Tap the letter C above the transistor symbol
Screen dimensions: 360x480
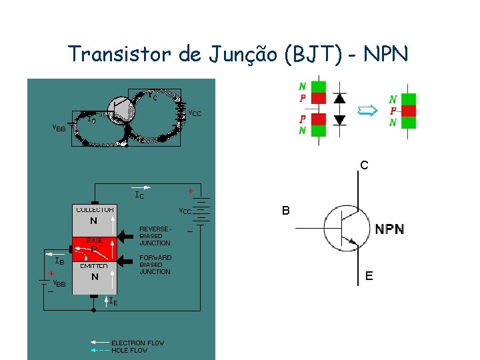[364, 165]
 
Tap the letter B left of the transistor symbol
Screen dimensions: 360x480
[285, 211]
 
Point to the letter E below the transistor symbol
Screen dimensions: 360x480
[369, 276]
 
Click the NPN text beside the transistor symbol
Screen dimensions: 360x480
[389, 229]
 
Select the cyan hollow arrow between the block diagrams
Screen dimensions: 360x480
[368, 111]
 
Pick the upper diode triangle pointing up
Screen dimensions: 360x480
[339, 97]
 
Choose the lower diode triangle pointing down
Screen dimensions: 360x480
[339, 120]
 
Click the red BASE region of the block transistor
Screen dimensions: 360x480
[95, 244]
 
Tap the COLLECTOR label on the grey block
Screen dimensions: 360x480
[95, 209]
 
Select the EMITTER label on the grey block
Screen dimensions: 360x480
[95, 266]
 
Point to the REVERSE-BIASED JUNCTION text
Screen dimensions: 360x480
[155, 236]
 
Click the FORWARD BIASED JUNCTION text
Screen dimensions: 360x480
[155, 265]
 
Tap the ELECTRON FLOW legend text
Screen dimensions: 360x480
[137, 343]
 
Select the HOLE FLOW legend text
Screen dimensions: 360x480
[129, 350]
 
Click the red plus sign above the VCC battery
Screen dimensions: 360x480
[191, 191]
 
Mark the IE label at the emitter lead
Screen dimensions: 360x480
[113, 302]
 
